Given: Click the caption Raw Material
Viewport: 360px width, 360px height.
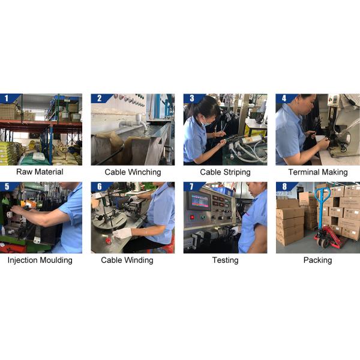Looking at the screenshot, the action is (x=40, y=172).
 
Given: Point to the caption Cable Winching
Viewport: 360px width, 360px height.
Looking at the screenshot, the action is (x=133, y=172).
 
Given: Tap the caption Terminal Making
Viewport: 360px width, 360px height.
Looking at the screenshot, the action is (x=318, y=172).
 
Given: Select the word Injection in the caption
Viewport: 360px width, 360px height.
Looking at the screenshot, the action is (x=23, y=260).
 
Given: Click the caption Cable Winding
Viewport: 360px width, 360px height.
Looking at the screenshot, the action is (x=127, y=260).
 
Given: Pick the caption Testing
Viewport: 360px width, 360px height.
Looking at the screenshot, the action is (x=225, y=260).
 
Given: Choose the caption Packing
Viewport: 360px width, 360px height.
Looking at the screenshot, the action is (x=318, y=260).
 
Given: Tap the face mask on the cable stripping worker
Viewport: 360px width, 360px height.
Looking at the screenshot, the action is (x=206, y=122).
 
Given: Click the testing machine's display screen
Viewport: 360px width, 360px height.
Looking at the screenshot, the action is (x=200, y=200).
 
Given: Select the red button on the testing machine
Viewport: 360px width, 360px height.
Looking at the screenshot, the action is (x=192, y=217).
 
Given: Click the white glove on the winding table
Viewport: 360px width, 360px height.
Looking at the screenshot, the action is (x=122, y=233).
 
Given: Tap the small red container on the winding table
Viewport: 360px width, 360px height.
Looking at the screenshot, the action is (x=109, y=242).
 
